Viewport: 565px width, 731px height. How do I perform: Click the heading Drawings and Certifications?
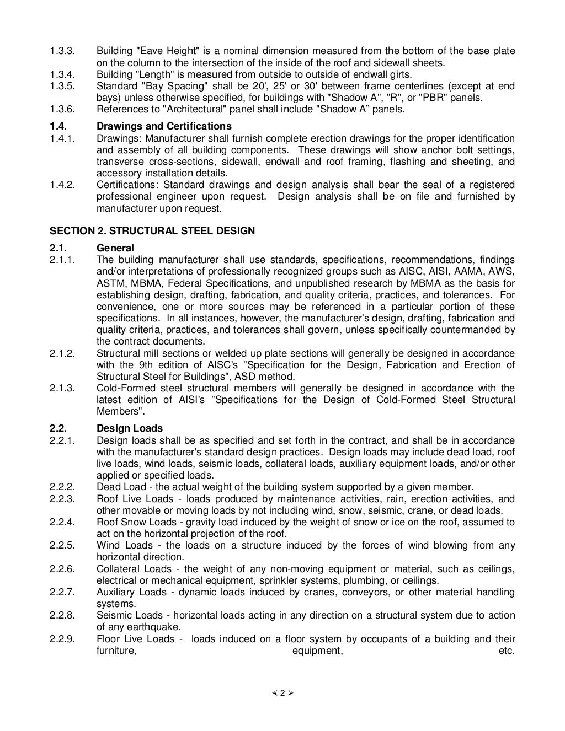(164, 127)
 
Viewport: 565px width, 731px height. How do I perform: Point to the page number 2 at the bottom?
(282, 694)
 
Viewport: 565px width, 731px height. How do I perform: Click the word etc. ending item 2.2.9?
(506, 651)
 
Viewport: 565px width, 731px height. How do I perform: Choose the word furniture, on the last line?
(116, 651)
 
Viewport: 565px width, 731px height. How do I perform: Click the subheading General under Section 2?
(115, 248)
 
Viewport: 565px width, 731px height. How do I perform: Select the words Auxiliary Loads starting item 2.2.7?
(131, 592)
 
